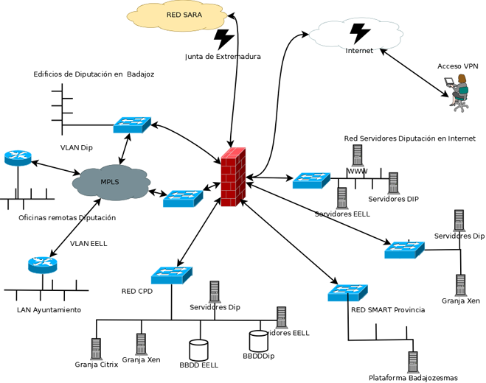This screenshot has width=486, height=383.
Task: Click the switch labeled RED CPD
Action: click(x=171, y=275)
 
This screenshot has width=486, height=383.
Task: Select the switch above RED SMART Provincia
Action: click(x=347, y=292)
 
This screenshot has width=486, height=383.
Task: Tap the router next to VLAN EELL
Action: click(x=42, y=264)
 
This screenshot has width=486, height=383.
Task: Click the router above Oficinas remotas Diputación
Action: click(x=18, y=158)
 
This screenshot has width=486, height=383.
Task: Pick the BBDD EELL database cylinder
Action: click(x=199, y=349)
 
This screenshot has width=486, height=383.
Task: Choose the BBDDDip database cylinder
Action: click(x=258, y=341)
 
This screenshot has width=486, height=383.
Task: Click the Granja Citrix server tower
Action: click(x=96, y=348)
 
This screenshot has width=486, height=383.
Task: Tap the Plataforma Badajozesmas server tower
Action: click(x=413, y=362)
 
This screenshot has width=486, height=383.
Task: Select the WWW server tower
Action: click(x=357, y=155)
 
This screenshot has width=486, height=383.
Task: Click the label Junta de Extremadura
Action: click(x=223, y=57)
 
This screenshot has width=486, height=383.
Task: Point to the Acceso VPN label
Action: click(x=457, y=66)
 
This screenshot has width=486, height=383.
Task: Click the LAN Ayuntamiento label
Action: click(x=49, y=310)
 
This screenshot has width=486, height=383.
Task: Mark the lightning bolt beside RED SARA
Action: click(x=223, y=38)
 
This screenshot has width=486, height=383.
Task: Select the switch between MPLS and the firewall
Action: click(x=182, y=197)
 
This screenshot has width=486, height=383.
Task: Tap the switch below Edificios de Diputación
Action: click(x=132, y=125)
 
